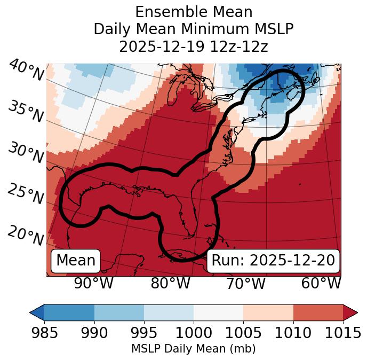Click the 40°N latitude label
[x=26, y=71]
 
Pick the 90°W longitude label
[x=93, y=283]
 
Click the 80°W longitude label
[x=170, y=283]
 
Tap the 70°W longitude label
[x=246, y=283]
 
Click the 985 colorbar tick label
[x=44, y=333]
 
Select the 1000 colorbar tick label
[x=194, y=333]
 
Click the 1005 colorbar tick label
[x=243, y=333]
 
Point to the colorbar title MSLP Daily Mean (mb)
[x=193, y=349]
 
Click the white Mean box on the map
[x=76, y=261]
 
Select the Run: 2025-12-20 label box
[x=273, y=261]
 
